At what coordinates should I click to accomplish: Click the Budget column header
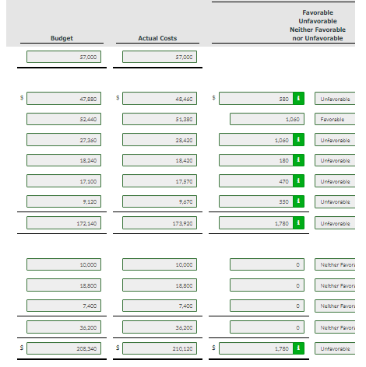(x=62, y=38)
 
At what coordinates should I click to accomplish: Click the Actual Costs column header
(x=157, y=38)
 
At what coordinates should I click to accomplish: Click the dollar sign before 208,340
(x=22, y=348)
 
